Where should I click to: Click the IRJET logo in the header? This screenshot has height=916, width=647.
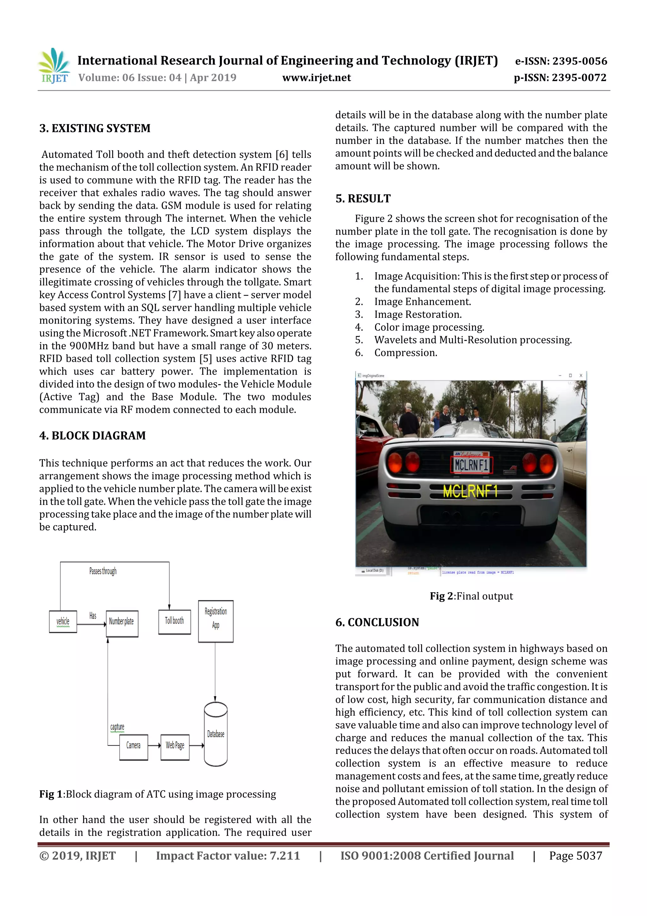54,66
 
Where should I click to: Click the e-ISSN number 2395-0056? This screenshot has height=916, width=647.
561,61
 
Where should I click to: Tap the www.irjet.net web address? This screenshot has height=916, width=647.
317,77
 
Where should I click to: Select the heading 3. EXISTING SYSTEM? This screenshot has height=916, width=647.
95,128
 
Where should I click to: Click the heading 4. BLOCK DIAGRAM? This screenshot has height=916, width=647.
93,436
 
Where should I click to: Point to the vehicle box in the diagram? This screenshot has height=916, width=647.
63,621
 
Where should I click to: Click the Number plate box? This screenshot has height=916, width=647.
122,623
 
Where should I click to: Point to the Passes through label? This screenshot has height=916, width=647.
103,571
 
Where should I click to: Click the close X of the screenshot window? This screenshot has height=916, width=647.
581,375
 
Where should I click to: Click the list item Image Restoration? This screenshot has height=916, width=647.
417,314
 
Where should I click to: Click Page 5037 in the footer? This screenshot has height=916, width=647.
575,855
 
